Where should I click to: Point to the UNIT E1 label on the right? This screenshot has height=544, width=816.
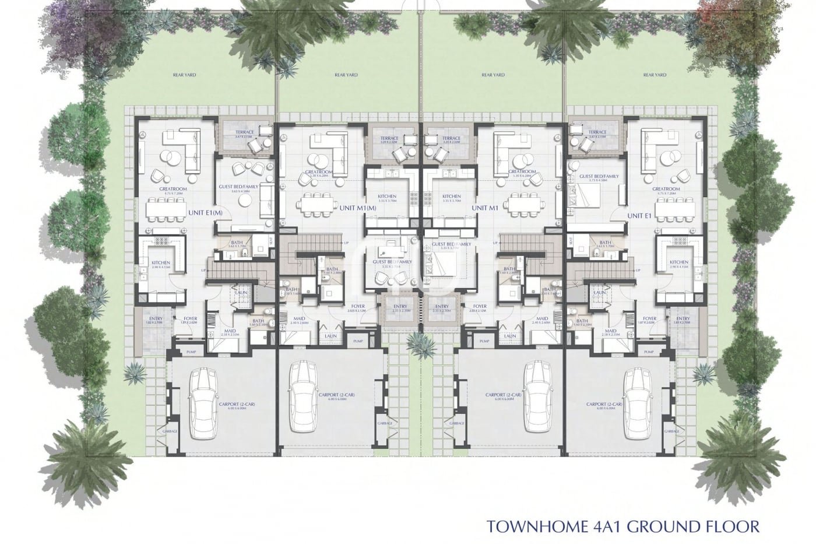(x=639, y=215)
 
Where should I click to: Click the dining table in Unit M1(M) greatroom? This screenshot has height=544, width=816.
(x=317, y=204)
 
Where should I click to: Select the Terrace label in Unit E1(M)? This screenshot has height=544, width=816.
(x=244, y=132)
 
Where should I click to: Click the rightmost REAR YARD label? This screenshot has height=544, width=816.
(x=655, y=75)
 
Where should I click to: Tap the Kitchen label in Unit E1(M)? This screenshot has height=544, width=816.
(x=160, y=263)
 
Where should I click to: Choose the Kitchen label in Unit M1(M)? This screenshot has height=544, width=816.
(x=387, y=196)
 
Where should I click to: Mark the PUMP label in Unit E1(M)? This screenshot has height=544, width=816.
(x=191, y=352)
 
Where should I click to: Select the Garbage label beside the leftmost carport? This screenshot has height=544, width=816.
(x=170, y=431)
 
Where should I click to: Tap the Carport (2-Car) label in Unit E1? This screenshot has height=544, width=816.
(x=603, y=404)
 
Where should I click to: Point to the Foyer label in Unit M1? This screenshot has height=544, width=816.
(x=480, y=307)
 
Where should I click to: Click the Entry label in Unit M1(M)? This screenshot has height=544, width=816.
(x=399, y=307)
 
